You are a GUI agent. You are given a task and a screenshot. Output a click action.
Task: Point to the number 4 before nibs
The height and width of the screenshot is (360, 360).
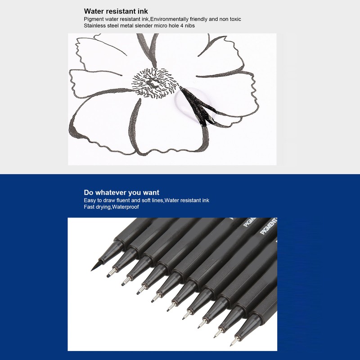tap(180, 26)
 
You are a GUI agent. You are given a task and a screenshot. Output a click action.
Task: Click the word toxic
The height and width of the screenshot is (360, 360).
tap(234, 19)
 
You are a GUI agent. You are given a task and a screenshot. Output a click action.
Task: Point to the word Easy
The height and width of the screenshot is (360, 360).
tap(90, 200)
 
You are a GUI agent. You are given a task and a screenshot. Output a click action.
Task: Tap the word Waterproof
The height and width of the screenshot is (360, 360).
tap(126, 207)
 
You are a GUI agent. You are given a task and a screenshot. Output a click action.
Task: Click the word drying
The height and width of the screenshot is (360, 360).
tap(102, 207)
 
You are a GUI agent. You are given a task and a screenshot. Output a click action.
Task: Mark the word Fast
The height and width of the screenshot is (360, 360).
tap(89, 207)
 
